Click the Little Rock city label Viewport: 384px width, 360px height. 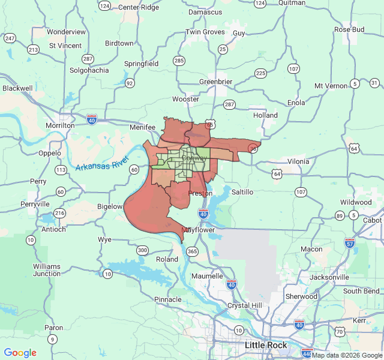(266, 345)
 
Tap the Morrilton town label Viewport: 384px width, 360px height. (60, 125)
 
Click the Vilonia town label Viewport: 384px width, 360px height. (298, 161)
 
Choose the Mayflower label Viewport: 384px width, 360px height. (197, 230)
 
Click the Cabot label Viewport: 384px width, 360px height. (372, 220)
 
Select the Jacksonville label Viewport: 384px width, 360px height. (329, 277)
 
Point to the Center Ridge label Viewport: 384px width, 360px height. (139, 7)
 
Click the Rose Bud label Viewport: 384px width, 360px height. (349, 29)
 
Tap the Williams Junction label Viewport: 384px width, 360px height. (47, 269)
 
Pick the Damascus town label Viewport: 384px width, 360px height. (205, 12)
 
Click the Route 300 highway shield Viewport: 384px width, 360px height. (142, 250)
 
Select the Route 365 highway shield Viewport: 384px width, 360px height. (192, 251)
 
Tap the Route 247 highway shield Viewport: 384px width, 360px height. (10, 38)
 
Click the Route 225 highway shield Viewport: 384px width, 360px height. (260, 73)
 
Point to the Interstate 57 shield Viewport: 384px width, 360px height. (350, 243)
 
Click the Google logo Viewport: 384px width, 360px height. (20, 353)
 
